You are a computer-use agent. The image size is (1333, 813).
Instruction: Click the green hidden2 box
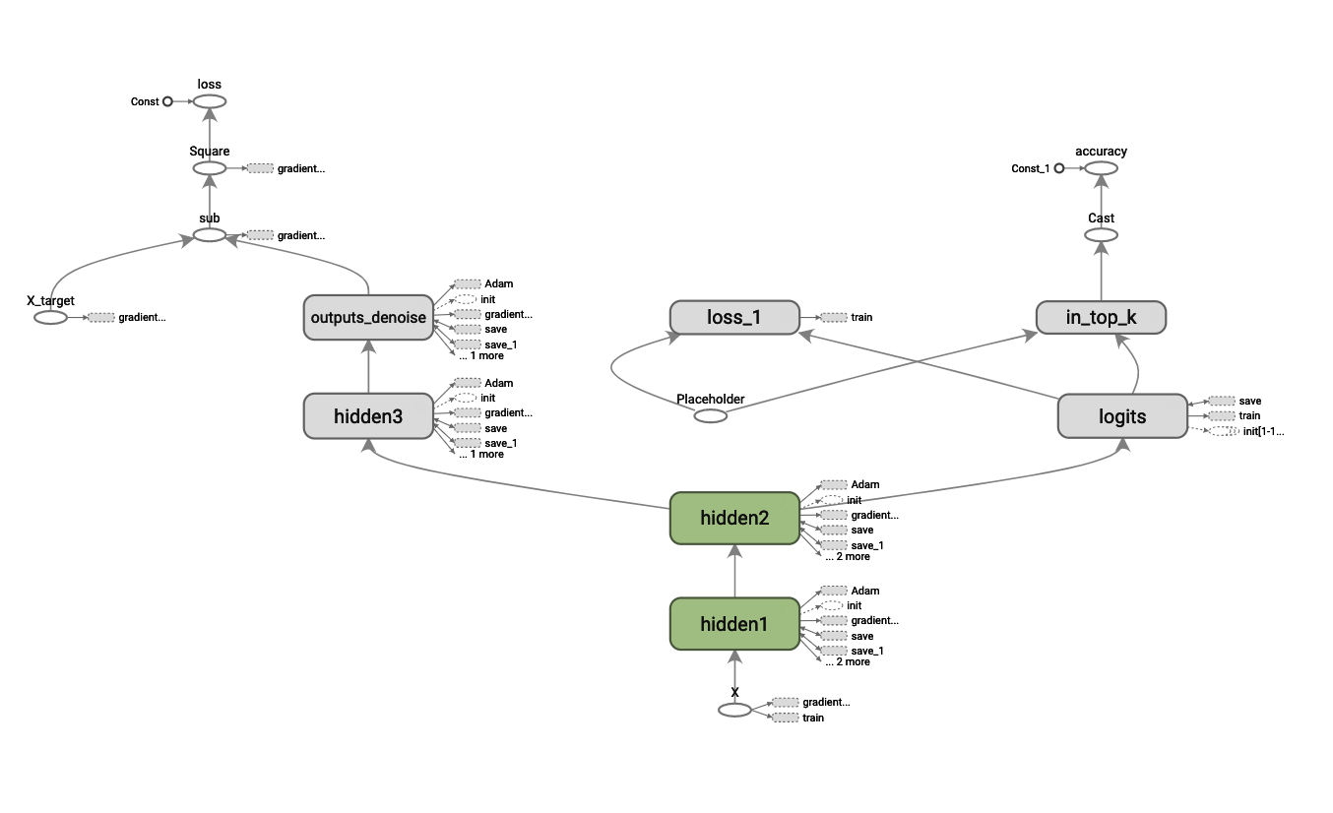(x=733, y=518)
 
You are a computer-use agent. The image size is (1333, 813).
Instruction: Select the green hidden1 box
(x=733, y=624)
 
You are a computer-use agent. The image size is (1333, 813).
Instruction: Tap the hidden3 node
(x=368, y=416)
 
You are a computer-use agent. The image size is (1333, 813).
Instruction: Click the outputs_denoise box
(x=368, y=317)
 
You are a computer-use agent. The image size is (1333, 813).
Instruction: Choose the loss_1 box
(x=733, y=317)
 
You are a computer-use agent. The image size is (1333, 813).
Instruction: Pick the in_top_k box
(x=1101, y=317)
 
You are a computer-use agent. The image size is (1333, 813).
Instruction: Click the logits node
(x=1122, y=416)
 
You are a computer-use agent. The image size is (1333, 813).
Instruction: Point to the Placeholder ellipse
(x=711, y=416)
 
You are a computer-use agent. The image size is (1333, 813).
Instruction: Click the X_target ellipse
(x=50, y=318)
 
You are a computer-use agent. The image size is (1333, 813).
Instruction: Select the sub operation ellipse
(x=209, y=235)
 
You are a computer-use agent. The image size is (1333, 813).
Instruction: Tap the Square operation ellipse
(x=209, y=168)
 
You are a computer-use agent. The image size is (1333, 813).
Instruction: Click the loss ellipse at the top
(x=209, y=101)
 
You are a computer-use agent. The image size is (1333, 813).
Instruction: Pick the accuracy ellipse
(x=1101, y=168)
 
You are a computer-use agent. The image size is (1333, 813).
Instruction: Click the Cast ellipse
(x=1101, y=235)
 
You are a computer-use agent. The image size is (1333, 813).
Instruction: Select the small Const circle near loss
(x=167, y=101)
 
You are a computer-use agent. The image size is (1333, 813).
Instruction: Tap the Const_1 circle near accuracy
(x=1058, y=168)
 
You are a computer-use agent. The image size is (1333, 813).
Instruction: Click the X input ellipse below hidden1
(x=734, y=710)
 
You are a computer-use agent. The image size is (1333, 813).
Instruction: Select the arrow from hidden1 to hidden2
(x=733, y=571)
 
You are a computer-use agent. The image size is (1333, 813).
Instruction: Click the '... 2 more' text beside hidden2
(x=848, y=557)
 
